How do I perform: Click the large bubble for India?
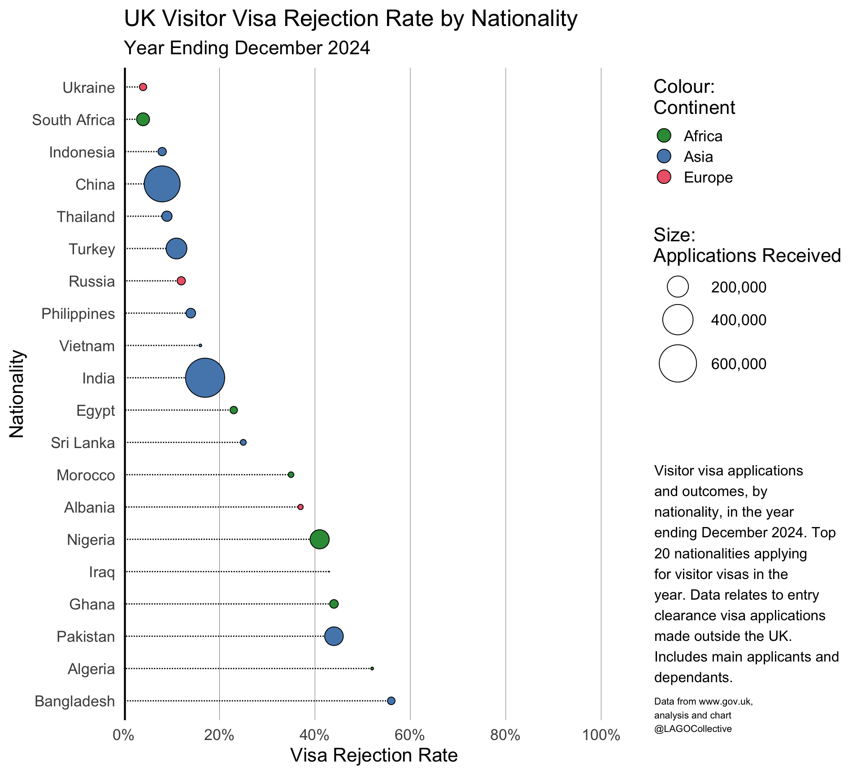tap(205, 378)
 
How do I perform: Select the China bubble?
tap(162, 184)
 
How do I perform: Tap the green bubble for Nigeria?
tap(319, 539)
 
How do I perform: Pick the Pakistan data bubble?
tap(334, 636)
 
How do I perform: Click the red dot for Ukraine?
tap(143, 87)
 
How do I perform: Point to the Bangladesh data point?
tap(391, 701)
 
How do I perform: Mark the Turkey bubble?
tap(176, 248)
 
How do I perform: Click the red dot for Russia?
tap(181, 281)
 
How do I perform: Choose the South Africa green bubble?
tap(143, 119)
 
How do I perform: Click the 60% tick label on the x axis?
tap(410, 736)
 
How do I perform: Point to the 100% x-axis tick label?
tap(600, 736)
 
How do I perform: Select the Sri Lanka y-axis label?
tap(83, 443)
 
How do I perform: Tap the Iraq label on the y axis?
tap(102, 572)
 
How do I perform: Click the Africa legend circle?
tap(664, 135)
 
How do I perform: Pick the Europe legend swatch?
tap(664, 177)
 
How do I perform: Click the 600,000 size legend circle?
tap(678, 363)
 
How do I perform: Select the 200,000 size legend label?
tap(739, 287)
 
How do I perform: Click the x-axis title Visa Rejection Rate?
tap(374, 755)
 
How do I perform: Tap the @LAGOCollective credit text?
tap(693, 729)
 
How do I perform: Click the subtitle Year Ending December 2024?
tap(247, 48)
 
